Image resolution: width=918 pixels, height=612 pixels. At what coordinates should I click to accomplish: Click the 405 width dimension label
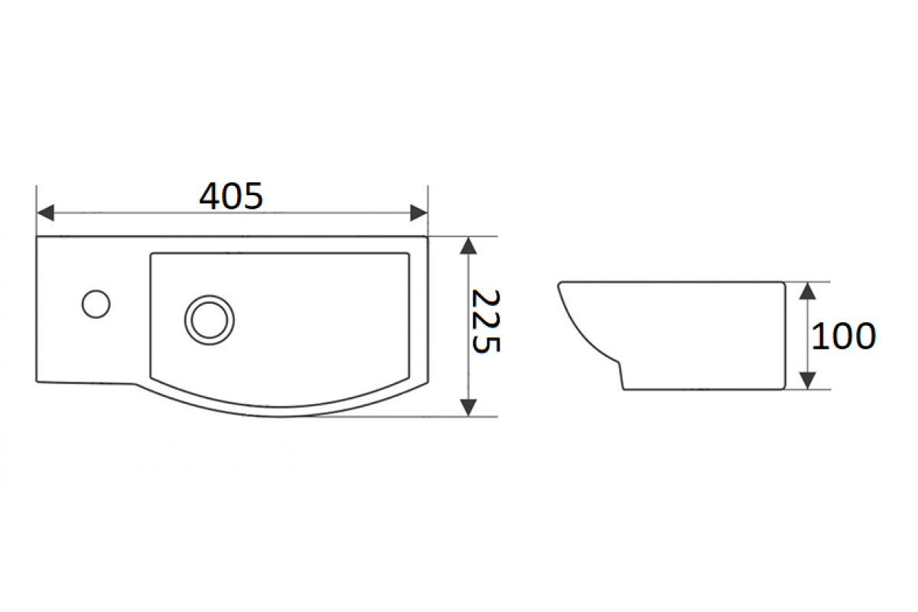point(231,196)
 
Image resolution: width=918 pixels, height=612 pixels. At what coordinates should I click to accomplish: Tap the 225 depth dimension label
point(486,321)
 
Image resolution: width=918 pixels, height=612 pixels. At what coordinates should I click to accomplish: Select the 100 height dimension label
point(843,336)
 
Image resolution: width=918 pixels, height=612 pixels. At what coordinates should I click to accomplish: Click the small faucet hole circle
point(96,304)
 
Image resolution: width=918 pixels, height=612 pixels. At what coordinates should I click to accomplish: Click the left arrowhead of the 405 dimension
point(45,213)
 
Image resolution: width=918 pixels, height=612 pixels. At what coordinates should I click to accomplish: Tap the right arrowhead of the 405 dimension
point(419,213)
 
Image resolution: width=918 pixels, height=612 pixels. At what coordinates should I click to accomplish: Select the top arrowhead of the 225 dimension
point(468,246)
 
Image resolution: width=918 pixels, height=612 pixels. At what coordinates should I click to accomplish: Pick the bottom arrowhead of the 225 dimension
point(468,408)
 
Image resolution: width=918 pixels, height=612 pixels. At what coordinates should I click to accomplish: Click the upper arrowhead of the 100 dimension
point(807,291)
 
